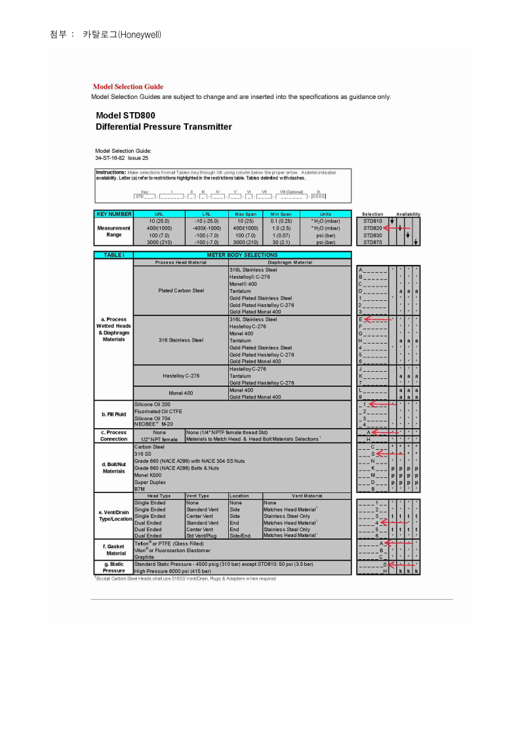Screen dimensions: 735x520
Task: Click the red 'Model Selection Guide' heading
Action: pos(128,87)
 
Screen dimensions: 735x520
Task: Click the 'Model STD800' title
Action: pos(125,115)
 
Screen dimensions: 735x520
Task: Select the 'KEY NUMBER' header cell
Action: pos(113,214)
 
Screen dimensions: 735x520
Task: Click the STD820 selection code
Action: pos(372,228)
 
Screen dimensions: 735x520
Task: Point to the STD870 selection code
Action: pos(372,242)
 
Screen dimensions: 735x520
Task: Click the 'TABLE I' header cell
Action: pos(113,254)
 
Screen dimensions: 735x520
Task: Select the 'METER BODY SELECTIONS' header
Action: pos(242,254)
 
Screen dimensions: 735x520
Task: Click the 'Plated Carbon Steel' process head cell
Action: pos(180,290)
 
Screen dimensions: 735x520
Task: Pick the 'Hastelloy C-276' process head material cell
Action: pos(180,376)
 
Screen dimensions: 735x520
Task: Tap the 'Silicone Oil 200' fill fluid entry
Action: pos(152,404)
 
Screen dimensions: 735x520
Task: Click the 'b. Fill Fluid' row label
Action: pos(113,414)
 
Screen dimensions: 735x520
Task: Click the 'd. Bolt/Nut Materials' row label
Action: pos(113,467)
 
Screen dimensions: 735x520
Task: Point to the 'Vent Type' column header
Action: pos(197,496)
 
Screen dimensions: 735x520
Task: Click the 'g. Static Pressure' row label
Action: pos(113,567)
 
